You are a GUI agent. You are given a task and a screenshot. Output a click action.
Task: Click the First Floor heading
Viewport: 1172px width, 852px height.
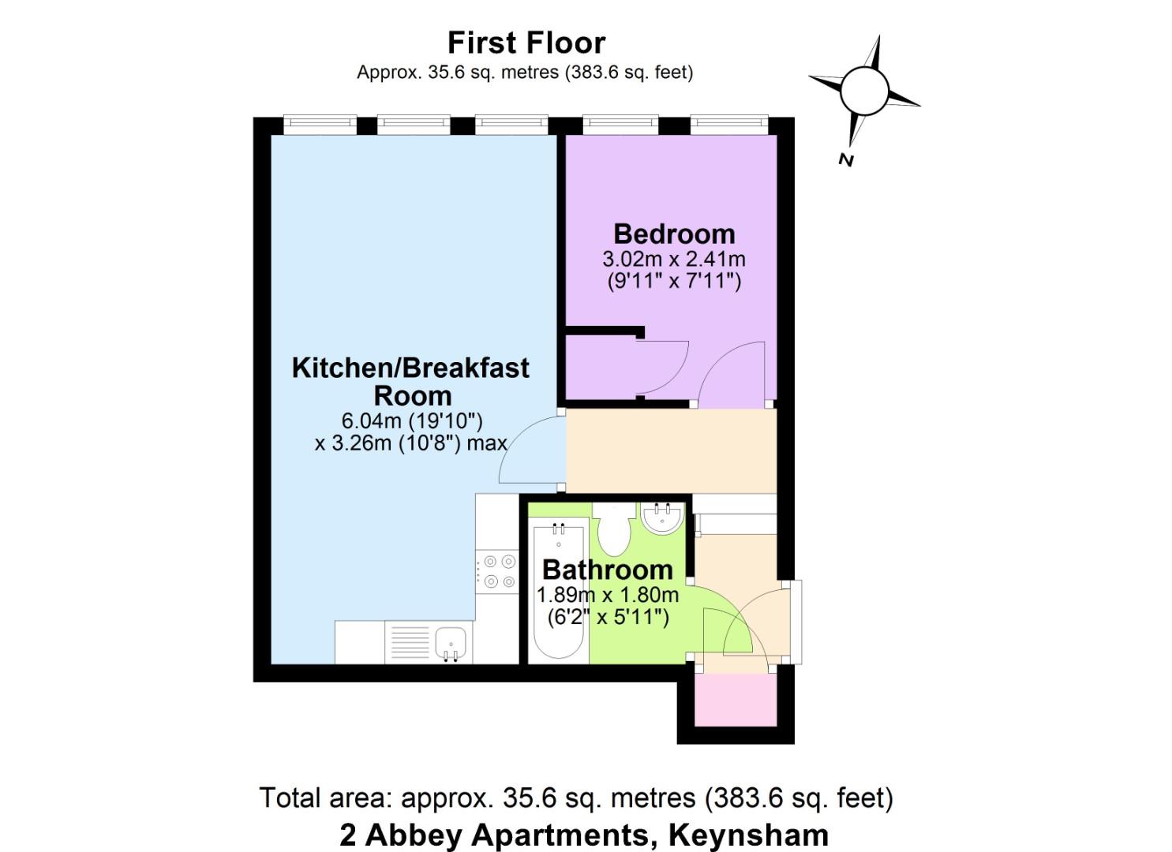526,43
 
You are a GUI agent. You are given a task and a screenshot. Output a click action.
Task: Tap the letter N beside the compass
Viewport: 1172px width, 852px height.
845,159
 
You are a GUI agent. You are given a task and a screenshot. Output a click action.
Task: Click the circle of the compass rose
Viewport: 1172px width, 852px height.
864,91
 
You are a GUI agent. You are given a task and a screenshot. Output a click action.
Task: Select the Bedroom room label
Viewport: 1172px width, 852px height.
674,234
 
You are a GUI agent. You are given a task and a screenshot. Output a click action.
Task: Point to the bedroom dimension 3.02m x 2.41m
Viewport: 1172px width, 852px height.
674,259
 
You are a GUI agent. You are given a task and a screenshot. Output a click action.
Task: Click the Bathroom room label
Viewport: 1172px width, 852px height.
608,570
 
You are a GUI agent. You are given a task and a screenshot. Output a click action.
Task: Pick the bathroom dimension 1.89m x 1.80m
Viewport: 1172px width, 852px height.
608,595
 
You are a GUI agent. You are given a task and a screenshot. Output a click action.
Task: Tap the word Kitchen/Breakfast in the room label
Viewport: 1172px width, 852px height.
410,368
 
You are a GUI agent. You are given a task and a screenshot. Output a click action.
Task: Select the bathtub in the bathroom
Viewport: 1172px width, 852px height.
558,591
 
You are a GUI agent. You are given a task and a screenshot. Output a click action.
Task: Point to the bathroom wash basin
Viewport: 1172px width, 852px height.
663,518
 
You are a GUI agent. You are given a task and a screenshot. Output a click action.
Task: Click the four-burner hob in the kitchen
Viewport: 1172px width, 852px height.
497,571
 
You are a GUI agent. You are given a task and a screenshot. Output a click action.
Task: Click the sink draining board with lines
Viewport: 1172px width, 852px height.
410,642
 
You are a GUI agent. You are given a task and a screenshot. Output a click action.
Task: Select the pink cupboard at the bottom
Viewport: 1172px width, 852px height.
735,699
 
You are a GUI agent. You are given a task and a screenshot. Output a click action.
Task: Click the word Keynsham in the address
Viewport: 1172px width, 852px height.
749,834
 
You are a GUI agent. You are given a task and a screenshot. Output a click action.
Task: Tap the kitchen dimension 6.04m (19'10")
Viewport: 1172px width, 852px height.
412,420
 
